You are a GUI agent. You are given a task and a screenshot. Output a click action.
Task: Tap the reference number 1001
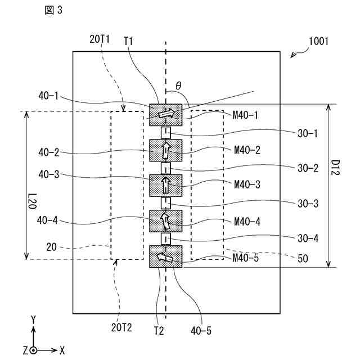(x=318, y=42)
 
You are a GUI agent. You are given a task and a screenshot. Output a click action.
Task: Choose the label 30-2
(x=307, y=168)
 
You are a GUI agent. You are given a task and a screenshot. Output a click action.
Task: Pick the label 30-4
(x=307, y=238)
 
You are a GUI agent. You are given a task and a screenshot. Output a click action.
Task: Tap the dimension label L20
(x=32, y=202)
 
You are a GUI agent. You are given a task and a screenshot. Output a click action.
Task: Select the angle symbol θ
(x=178, y=85)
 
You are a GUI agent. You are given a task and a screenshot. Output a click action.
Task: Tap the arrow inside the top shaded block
(x=166, y=114)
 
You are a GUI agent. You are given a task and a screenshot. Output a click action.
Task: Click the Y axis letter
(x=34, y=319)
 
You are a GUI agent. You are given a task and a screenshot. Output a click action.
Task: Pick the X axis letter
(x=62, y=350)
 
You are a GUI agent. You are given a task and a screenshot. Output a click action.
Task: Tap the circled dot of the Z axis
(x=34, y=350)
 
